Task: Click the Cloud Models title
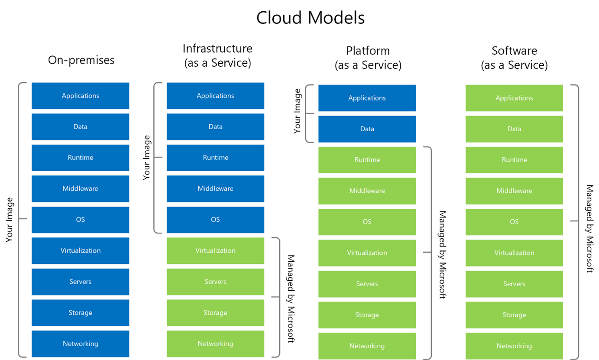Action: click(x=310, y=18)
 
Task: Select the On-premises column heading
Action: click(x=81, y=60)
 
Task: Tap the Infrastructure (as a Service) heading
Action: click(x=217, y=55)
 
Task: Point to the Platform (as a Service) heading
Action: click(x=368, y=58)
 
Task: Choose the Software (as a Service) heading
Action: click(x=514, y=58)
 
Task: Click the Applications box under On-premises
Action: click(x=81, y=96)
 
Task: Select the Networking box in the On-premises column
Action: click(x=81, y=344)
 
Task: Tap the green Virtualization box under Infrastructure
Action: click(x=215, y=250)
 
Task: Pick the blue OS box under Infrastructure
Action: click(x=215, y=219)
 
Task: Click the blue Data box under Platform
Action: click(x=367, y=129)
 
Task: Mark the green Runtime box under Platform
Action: click(x=367, y=160)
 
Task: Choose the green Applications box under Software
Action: click(x=514, y=98)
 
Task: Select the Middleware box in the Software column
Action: click(x=514, y=191)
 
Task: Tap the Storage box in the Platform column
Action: click(x=367, y=315)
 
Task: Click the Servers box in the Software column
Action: click(x=514, y=284)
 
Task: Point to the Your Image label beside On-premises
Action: click(x=10, y=220)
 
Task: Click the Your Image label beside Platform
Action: click(x=298, y=111)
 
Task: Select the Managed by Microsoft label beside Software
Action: click(x=589, y=228)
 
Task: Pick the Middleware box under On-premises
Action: click(x=81, y=188)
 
